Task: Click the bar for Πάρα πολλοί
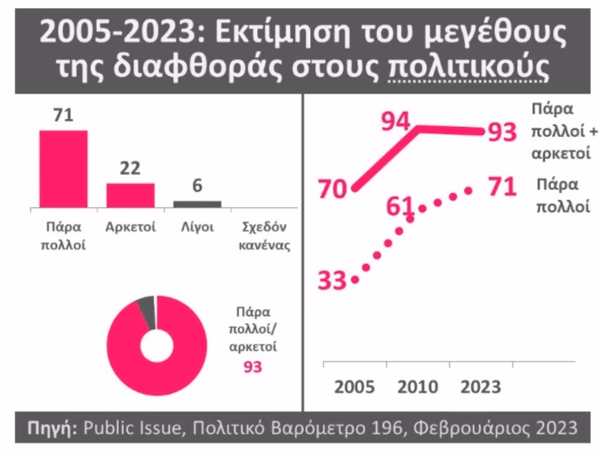point(64,169)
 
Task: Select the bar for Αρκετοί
point(131,195)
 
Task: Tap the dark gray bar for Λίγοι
point(198,204)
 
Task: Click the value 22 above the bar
point(130,169)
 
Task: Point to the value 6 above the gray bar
point(197,186)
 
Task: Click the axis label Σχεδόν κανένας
point(265,236)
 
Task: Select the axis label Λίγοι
point(198,227)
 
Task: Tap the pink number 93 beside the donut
point(253,367)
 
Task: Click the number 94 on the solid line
point(395,122)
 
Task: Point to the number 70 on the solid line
point(332,189)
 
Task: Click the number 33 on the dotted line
point(332,280)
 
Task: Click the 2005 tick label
point(354,387)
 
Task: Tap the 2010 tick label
point(417,387)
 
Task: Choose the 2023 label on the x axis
point(481,387)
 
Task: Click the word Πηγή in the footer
point(50,428)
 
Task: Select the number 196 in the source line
point(387,428)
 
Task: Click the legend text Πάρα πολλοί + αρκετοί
point(563,132)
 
